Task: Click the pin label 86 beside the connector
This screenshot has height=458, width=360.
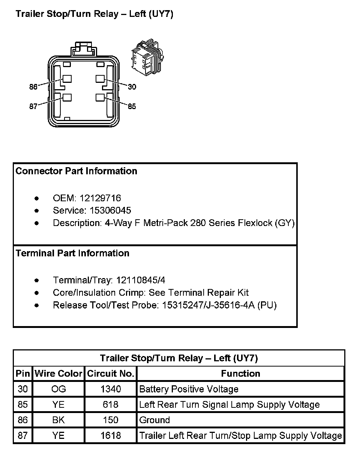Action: coord(33,87)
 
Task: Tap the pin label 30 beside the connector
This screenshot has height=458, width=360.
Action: coord(132,87)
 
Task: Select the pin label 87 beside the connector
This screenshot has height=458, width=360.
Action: coord(33,106)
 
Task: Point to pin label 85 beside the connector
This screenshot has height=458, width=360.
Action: coord(132,106)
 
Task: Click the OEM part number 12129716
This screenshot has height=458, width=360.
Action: coord(100,198)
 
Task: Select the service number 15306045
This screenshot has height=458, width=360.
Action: coord(110,210)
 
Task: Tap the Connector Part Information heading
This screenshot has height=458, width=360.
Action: coord(76,171)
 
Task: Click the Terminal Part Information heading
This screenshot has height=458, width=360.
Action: coord(72,253)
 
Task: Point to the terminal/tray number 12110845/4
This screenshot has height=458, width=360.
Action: coord(141,280)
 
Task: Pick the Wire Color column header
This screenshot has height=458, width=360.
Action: coord(58,374)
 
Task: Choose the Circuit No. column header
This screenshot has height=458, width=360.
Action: coord(111,374)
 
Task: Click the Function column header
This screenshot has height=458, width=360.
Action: coord(240,374)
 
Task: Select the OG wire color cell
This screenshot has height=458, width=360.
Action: coord(58,389)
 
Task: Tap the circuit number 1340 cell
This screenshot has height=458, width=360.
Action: coord(111,389)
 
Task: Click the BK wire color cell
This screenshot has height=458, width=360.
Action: coord(58,420)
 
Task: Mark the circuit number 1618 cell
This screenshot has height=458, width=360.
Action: coord(111,436)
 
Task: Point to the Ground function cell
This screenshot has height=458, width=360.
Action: coord(154,420)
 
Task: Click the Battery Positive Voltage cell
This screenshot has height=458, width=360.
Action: coord(189,389)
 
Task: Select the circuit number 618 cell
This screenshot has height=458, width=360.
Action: coord(111,405)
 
